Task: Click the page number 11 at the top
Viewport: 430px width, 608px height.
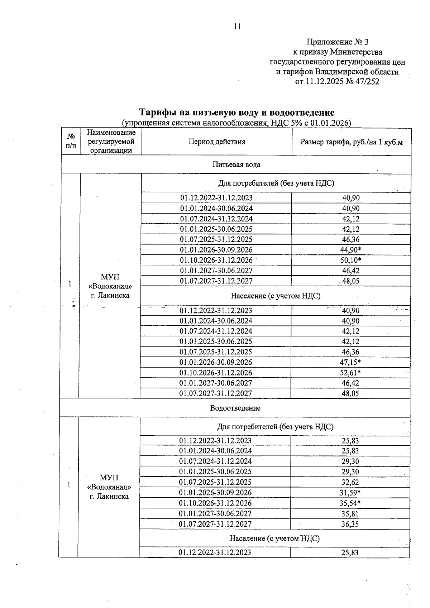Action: (x=237, y=27)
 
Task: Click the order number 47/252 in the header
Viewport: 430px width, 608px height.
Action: (x=367, y=82)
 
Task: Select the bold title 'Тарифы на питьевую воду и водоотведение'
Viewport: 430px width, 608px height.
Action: (x=236, y=112)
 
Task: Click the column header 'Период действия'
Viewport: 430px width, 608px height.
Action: (x=217, y=142)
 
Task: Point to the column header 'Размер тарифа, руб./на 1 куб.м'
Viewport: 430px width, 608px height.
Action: (x=351, y=142)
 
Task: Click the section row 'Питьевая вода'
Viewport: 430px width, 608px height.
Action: (x=236, y=165)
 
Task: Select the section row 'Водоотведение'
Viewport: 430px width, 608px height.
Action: (x=235, y=408)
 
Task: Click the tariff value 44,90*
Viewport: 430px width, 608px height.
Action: (x=350, y=250)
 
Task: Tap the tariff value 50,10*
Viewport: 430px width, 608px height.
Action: (x=350, y=260)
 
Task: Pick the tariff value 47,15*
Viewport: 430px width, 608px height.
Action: (x=350, y=362)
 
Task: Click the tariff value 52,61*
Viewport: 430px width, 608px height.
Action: (x=350, y=373)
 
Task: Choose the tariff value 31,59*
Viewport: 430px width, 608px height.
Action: (x=350, y=493)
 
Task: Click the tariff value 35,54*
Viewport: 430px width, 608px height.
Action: (x=350, y=503)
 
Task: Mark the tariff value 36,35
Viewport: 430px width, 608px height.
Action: (x=350, y=524)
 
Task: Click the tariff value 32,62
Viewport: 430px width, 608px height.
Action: (x=350, y=482)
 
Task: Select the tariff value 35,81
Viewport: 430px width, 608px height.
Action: (x=350, y=514)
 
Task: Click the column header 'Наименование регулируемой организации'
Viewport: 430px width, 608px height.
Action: (x=111, y=142)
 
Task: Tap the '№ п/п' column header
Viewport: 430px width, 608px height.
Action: (x=71, y=142)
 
